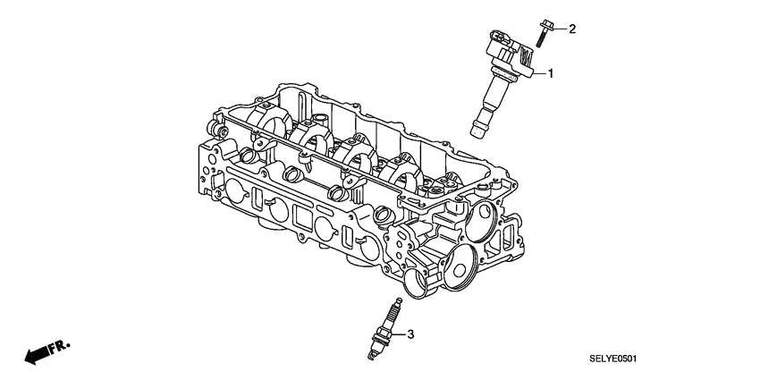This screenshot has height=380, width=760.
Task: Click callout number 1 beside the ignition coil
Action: pos(551,73)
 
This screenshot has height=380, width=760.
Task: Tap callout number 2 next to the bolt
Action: pos(573,29)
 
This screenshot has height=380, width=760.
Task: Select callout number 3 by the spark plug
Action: pos(410,335)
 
